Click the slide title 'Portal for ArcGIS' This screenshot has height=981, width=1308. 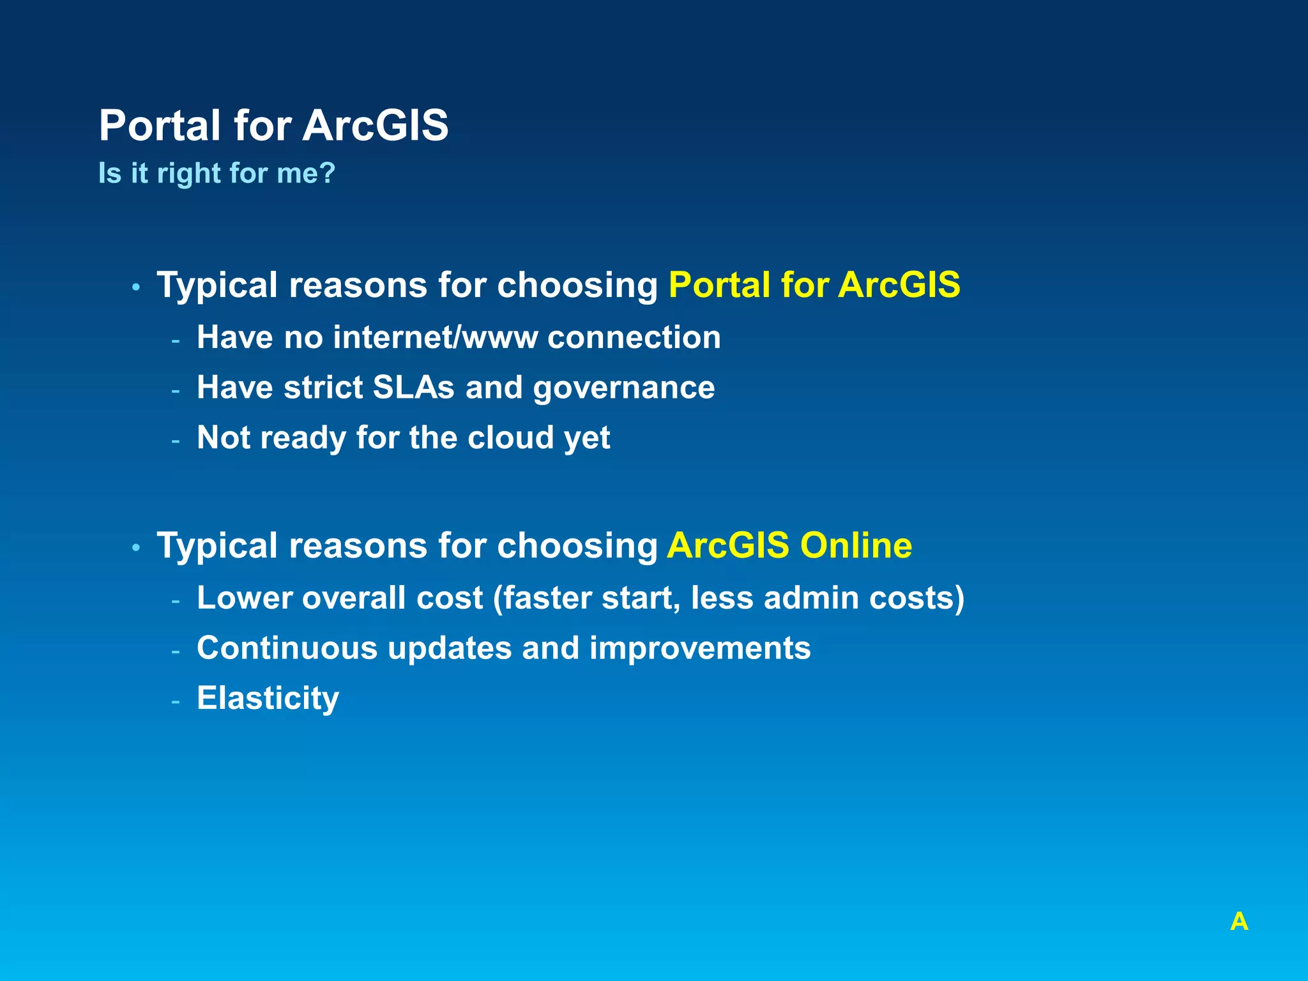[273, 125]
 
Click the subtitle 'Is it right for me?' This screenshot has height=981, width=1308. [217, 173]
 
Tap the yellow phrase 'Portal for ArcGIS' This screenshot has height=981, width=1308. [814, 285]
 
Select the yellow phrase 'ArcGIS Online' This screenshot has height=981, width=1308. [789, 545]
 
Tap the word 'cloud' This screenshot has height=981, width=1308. [510, 438]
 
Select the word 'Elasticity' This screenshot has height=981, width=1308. [268, 699]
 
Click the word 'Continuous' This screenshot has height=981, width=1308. [287, 648]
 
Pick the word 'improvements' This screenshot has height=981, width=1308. [700, 649]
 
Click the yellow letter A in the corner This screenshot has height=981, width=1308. [1239, 922]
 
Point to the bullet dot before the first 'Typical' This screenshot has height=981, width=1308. [136, 287]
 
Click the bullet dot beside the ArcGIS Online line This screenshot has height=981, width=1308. [136, 548]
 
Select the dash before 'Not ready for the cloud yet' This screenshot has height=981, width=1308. [176, 441]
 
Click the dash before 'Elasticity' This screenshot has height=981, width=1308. [176, 701]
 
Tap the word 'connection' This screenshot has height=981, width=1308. [634, 337]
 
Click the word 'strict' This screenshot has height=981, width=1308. [323, 388]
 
